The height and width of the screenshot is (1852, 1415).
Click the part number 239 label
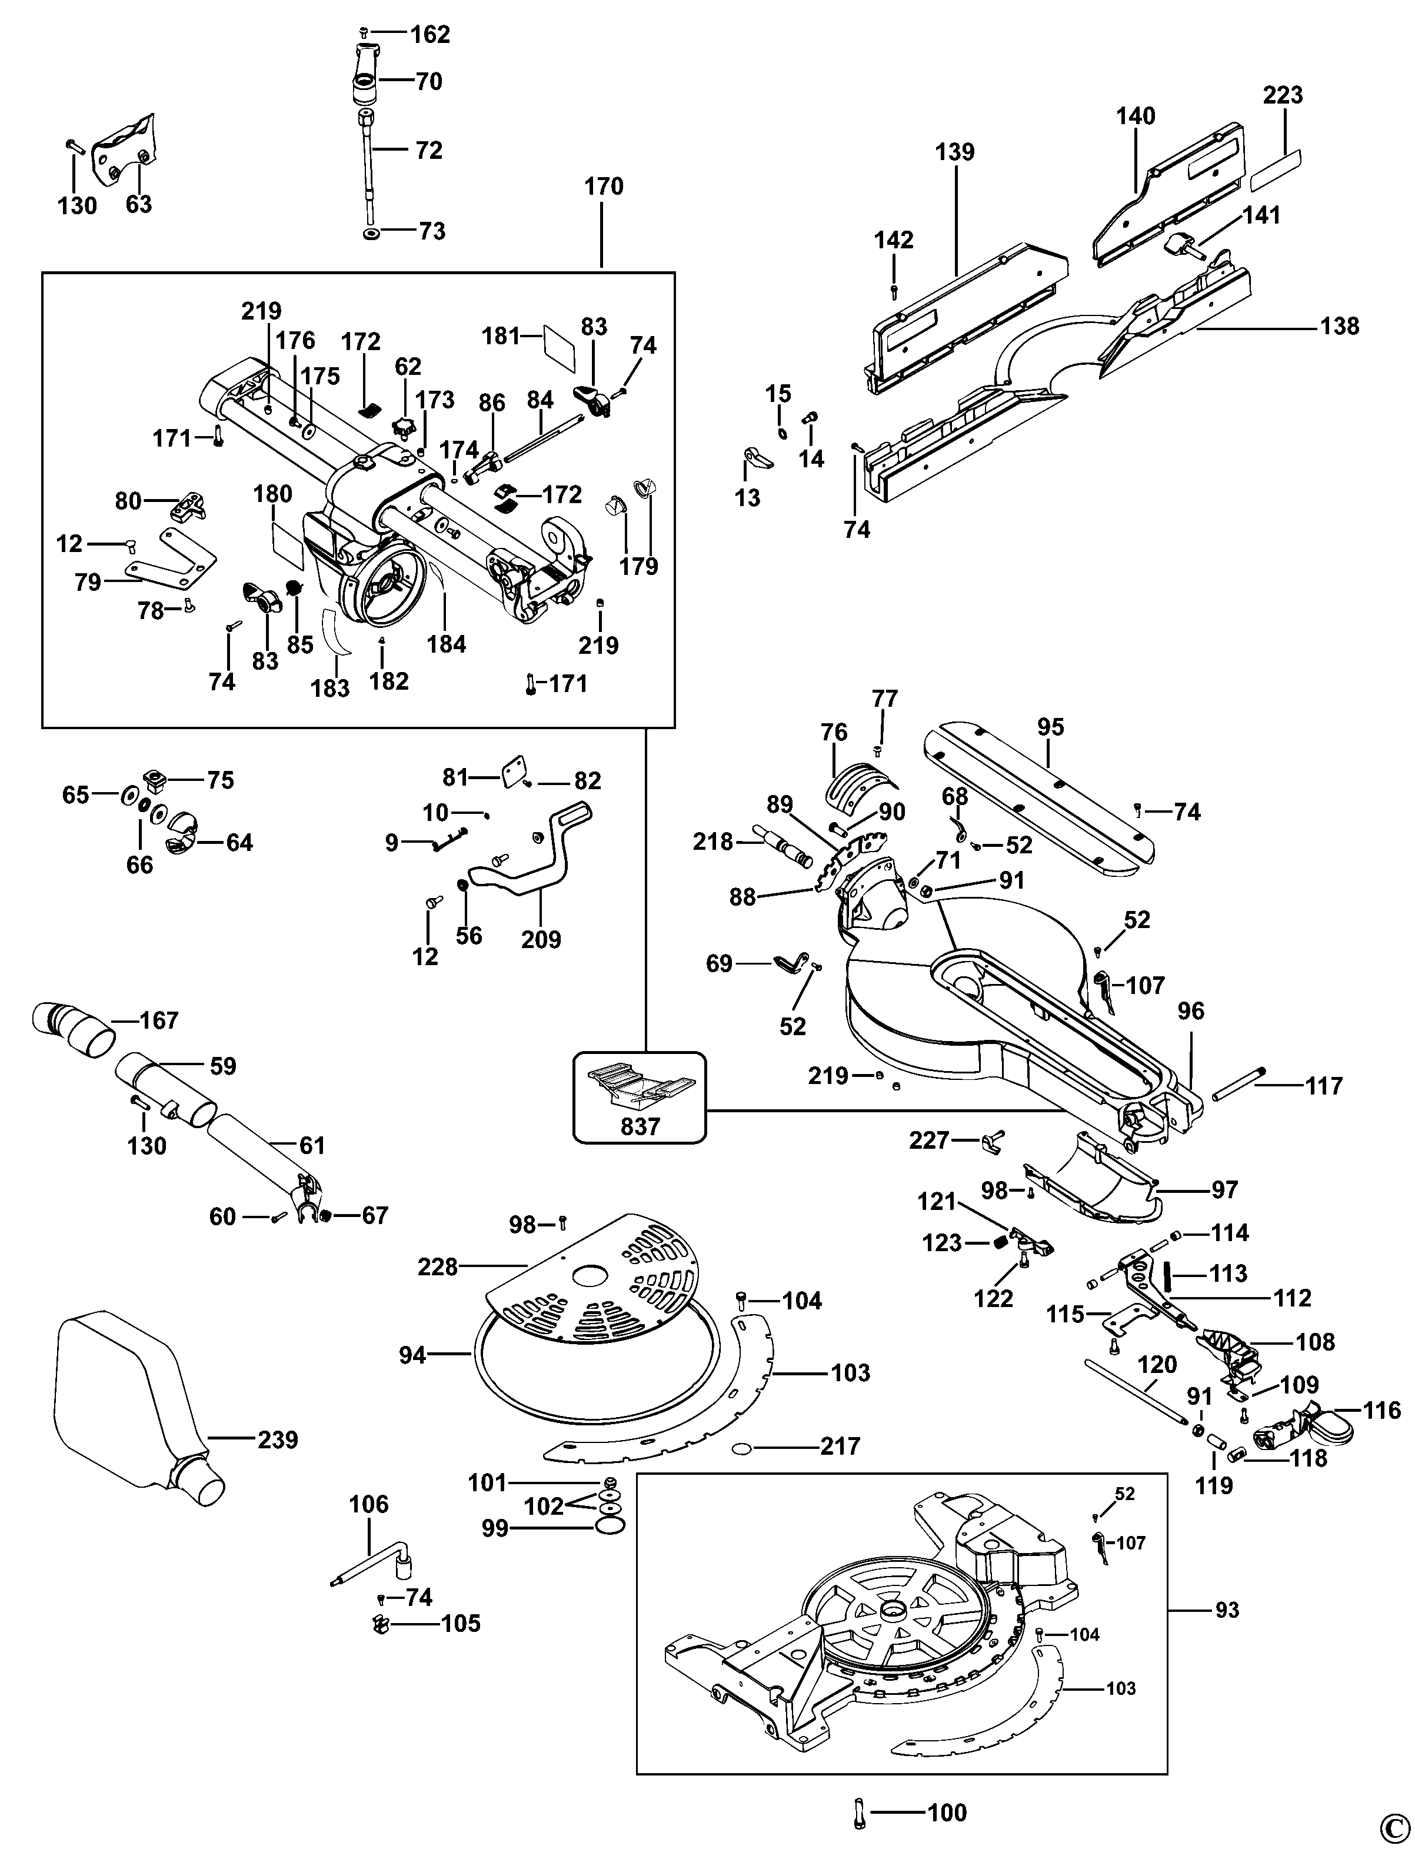click(x=278, y=1440)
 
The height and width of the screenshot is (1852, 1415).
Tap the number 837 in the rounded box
click(x=640, y=1126)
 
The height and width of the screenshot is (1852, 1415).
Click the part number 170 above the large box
click(x=603, y=186)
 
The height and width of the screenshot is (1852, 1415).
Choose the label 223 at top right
click(x=1282, y=95)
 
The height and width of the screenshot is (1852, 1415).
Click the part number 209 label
click(x=541, y=939)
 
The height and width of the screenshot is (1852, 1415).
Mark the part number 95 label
click(x=1050, y=726)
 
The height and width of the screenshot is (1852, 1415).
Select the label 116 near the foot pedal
click(x=1382, y=1409)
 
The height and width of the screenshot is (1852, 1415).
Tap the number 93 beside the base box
click(x=1227, y=1610)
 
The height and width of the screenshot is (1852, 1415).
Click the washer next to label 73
click(x=371, y=232)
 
